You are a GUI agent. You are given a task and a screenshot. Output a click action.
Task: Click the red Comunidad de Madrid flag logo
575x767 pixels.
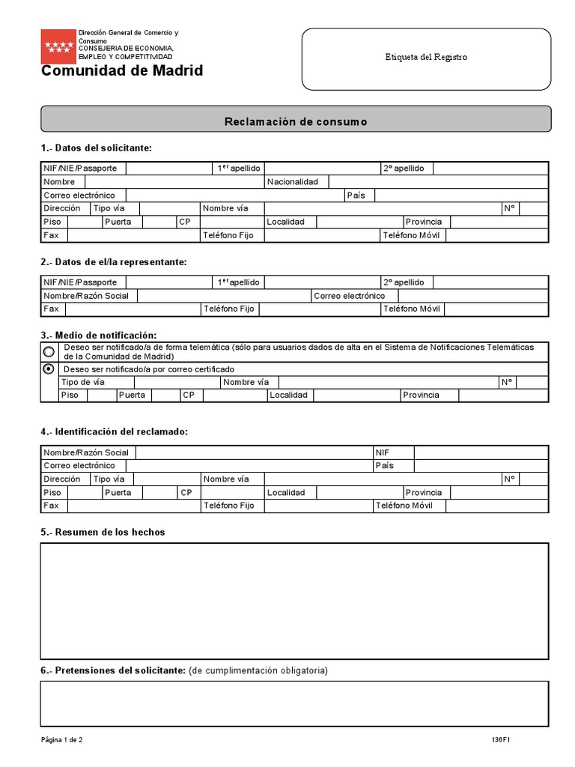[58, 46]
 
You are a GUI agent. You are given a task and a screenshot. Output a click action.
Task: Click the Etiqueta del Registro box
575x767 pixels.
[426, 58]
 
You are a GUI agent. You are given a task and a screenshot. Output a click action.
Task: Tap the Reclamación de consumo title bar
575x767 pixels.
[296, 121]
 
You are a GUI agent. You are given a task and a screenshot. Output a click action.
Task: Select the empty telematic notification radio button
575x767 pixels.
[49, 351]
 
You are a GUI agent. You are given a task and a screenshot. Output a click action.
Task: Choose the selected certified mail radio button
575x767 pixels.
[49, 369]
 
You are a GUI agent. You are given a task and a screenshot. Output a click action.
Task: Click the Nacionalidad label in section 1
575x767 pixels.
[292, 182]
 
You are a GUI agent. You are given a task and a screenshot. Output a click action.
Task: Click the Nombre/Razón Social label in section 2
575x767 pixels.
[86, 296]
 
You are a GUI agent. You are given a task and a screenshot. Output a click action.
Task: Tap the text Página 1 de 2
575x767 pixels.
[62, 740]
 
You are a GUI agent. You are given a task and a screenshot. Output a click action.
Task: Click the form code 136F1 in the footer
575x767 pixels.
[501, 740]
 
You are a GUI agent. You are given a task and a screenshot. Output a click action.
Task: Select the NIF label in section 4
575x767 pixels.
[383, 452]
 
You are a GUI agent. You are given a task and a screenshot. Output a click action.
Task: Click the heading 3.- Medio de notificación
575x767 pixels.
[99, 335]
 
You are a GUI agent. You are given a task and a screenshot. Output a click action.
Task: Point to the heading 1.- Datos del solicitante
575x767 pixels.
[97, 148]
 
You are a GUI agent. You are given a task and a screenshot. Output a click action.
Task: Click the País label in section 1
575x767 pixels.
[356, 195]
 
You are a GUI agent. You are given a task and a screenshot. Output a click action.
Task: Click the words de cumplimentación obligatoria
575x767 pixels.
[258, 670]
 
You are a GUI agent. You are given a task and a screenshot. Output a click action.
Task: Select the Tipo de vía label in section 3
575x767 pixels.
[83, 382]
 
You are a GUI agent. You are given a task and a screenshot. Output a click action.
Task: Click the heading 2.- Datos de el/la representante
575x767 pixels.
[114, 261]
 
